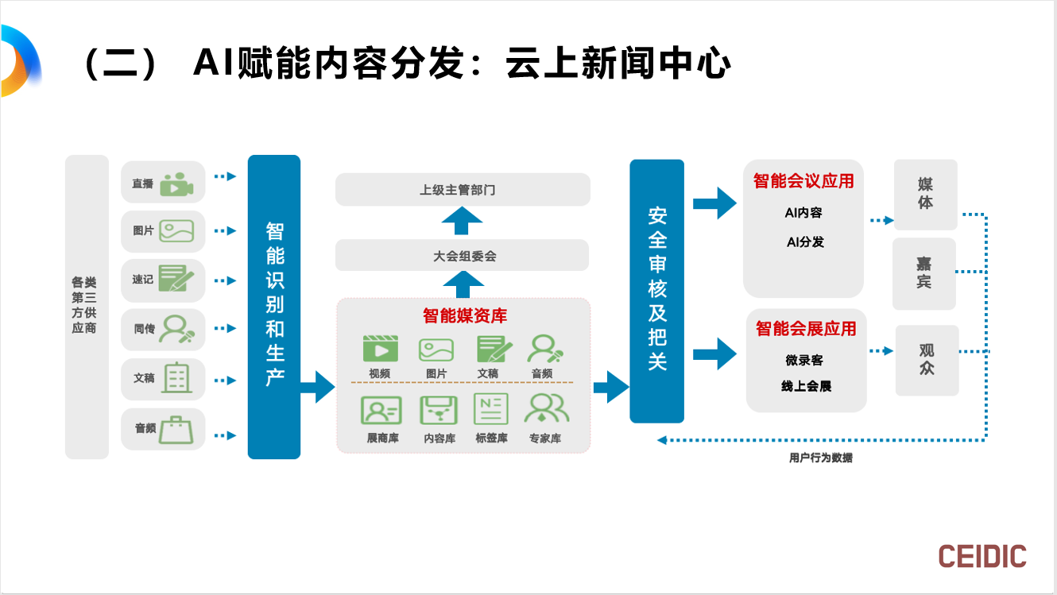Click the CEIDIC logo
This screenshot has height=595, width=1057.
click(981, 556)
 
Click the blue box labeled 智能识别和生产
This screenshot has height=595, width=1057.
click(274, 307)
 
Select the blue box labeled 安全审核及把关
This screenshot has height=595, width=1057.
click(656, 291)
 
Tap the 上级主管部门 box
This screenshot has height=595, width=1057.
click(463, 190)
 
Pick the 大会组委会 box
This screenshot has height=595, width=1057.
click(463, 256)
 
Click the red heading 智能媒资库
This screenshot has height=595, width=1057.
click(464, 315)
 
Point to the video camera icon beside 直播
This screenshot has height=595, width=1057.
click(176, 184)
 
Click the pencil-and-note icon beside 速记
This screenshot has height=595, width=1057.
click(176, 279)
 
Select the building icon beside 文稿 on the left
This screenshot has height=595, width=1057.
click(176, 377)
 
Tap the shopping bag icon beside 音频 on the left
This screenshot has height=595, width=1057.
click(176, 428)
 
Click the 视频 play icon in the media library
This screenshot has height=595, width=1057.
click(380, 349)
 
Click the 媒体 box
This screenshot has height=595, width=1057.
click(925, 195)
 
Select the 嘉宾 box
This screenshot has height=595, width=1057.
click(923, 273)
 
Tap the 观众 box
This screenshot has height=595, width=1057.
click(927, 360)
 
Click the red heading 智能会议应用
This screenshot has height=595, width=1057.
click(803, 181)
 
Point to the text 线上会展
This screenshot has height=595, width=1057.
click(806, 386)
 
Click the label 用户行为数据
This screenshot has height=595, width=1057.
click(820, 458)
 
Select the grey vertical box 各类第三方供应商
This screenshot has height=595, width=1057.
click(86, 307)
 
